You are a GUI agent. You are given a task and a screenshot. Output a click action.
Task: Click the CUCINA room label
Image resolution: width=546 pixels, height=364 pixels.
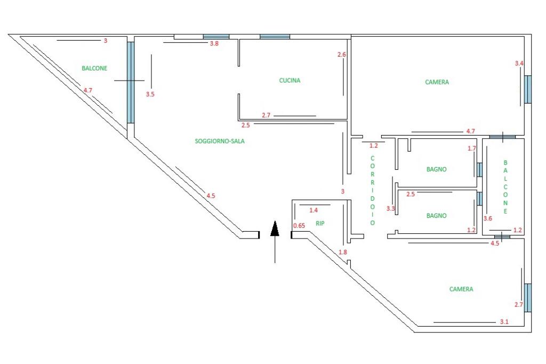pyautogui.click(x=290, y=81)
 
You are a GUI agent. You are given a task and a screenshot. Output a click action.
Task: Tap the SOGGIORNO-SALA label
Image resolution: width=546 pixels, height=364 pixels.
pyautogui.click(x=219, y=141)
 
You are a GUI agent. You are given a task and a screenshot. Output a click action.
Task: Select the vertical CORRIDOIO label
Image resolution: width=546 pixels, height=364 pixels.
pyautogui.click(x=372, y=191)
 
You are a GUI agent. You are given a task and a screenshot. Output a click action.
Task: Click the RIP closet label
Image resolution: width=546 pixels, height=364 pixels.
pyautogui.click(x=320, y=223)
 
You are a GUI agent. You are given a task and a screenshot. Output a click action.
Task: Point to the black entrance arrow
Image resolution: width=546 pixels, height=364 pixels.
pyautogui.click(x=275, y=241)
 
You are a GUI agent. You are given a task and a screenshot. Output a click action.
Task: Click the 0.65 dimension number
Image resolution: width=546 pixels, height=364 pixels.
pyautogui.click(x=299, y=226)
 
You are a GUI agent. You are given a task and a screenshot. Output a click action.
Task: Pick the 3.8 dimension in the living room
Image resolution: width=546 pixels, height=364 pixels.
pyautogui.click(x=214, y=44)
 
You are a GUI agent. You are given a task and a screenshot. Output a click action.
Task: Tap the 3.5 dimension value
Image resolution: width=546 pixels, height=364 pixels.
pyautogui.click(x=150, y=94)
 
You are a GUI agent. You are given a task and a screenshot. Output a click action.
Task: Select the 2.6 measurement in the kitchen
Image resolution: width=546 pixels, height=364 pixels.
pyautogui.click(x=342, y=54)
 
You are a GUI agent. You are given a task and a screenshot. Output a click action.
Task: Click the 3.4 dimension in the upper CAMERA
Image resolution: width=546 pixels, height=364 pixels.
pyautogui.click(x=519, y=64)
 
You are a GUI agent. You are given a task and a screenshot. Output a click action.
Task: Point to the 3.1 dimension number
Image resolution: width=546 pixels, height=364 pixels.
pyautogui.click(x=504, y=322)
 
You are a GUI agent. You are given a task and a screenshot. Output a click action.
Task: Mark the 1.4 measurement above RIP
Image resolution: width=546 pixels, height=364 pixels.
pyautogui.click(x=314, y=210)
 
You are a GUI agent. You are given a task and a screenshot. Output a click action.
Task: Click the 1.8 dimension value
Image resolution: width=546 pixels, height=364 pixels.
pyautogui.click(x=343, y=252)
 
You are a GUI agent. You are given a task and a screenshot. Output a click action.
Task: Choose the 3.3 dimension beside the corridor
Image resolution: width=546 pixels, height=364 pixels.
pyautogui.click(x=390, y=209)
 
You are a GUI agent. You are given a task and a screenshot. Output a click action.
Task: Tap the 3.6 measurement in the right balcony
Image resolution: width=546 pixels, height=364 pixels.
pyautogui.click(x=487, y=218)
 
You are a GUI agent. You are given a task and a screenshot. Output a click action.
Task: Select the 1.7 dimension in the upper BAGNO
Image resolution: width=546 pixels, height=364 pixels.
pyautogui.click(x=471, y=148)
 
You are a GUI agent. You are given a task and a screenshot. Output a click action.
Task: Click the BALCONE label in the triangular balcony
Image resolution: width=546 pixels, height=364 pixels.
pyautogui.click(x=94, y=68)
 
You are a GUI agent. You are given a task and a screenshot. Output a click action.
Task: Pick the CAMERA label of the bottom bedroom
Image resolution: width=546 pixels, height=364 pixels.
pyautogui.click(x=461, y=289)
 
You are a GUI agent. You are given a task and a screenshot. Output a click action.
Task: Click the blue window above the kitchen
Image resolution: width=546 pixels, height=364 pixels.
pyautogui.click(x=275, y=37)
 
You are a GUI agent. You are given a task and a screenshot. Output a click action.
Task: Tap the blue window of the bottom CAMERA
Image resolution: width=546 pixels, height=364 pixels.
pyautogui.click(x=528, y=298)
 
